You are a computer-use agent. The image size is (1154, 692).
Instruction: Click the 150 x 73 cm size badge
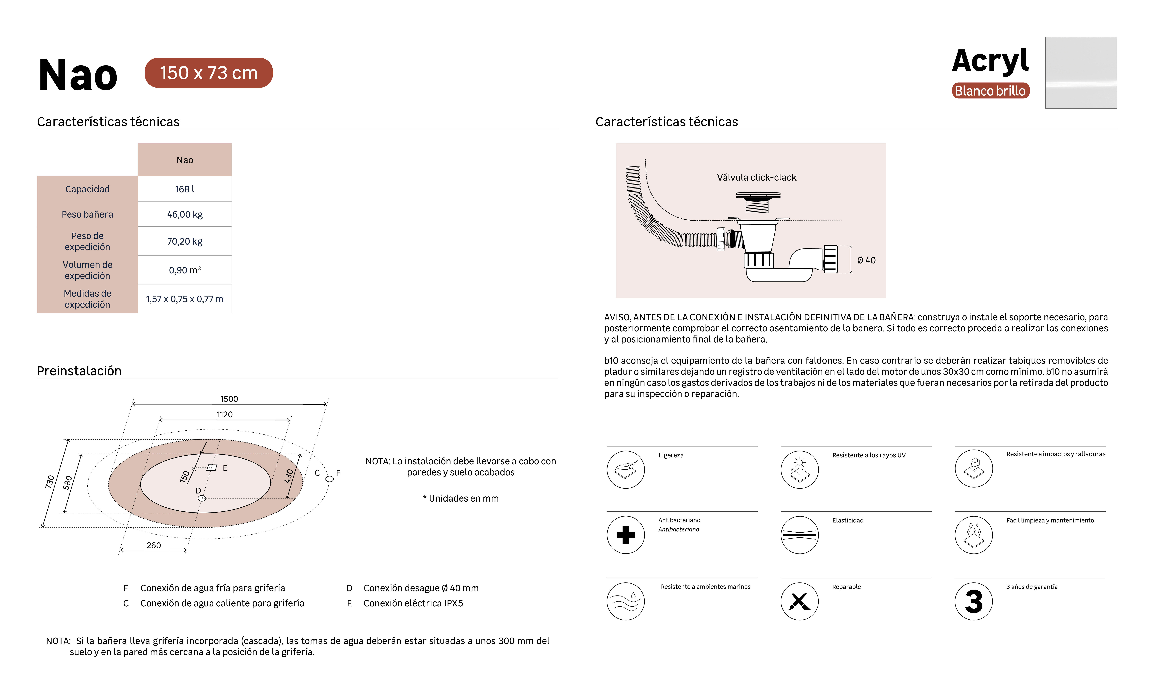tap(208, 73)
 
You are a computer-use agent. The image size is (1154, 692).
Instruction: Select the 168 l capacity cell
tap(185, 189)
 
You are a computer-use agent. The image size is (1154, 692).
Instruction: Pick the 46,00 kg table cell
tap(185, 215)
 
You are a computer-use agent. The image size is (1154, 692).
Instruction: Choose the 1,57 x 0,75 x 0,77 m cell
tap(185, 299)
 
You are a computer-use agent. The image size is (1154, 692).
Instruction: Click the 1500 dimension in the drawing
tap(229, 399)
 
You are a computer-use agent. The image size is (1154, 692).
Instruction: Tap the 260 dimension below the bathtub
tap(153, 545)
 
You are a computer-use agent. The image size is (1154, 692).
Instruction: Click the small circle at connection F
tap(329, 479)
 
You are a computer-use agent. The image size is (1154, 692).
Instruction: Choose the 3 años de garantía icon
tap(973, 601)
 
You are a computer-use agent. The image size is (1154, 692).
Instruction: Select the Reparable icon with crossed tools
tap(799, 601)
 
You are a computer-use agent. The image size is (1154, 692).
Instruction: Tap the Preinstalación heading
tap(79, 371)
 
